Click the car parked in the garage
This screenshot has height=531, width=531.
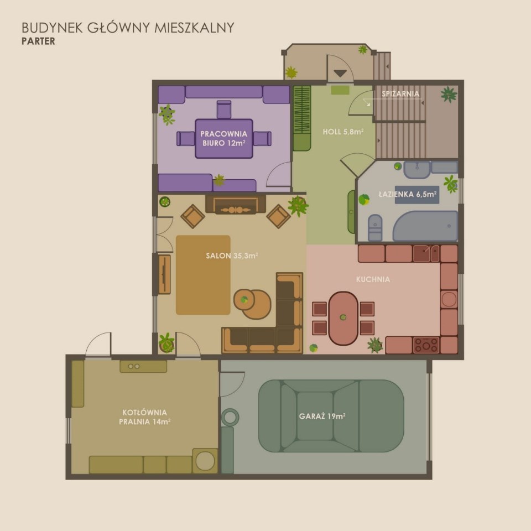[331, 416]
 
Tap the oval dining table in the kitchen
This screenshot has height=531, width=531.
[343, 319]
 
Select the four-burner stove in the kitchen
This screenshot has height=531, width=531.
[426, 345]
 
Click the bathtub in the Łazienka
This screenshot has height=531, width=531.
[425, 226]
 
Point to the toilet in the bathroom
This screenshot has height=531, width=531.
[375, 227]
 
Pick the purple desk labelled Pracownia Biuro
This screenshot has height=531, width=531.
[224, 138]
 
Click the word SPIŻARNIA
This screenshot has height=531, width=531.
[400, 94]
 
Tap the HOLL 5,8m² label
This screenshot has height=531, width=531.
[343, 132]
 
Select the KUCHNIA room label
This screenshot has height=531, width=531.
[373, 279]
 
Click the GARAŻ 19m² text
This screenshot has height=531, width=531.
[322, 416]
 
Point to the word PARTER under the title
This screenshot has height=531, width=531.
[38, 41]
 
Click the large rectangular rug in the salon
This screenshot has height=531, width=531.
[203, 275]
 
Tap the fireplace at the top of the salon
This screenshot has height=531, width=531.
[236, 205]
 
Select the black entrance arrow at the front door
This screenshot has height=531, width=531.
[340, 73]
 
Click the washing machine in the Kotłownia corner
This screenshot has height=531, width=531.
[205, 461]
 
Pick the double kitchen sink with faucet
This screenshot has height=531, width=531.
[426, 254]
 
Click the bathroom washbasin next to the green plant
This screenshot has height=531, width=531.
[417, 169]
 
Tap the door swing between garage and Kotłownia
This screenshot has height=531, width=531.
[232, 384]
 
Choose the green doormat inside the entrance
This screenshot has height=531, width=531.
[340, 90]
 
